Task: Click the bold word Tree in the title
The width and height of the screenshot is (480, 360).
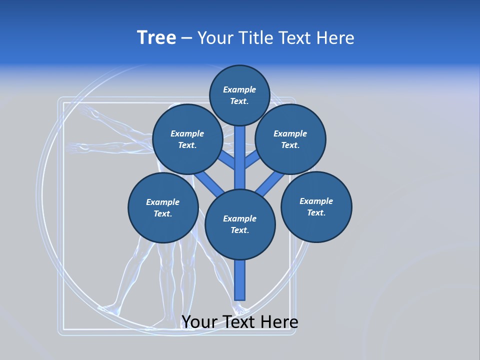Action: [x=156, y=37]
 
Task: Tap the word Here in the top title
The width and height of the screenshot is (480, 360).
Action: [x=335, y=38]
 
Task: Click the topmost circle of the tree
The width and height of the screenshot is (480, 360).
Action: [x=239, y=95]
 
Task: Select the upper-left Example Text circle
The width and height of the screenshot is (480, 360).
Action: [x=187, y=139]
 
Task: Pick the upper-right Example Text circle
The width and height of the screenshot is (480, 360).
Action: [x=290, y=139]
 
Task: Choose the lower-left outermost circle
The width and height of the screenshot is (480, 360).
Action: [x=163, y=207]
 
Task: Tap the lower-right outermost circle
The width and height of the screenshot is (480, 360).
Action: [x=316, y=206]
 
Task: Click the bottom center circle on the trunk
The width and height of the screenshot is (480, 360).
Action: [x=240, y=224]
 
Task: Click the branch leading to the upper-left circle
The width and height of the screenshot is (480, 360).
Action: [x=227, y=160]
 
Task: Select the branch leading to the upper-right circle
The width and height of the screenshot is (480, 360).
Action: [x=252, y=160]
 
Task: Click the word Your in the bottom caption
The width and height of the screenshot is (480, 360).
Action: [x=198, y=322]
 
